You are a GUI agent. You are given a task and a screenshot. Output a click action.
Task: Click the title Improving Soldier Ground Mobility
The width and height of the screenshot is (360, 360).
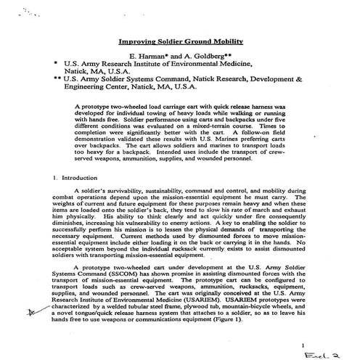click(x=181, y=42)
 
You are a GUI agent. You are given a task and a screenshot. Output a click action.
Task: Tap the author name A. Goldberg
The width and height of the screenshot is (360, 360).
click(x=205, y=55)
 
